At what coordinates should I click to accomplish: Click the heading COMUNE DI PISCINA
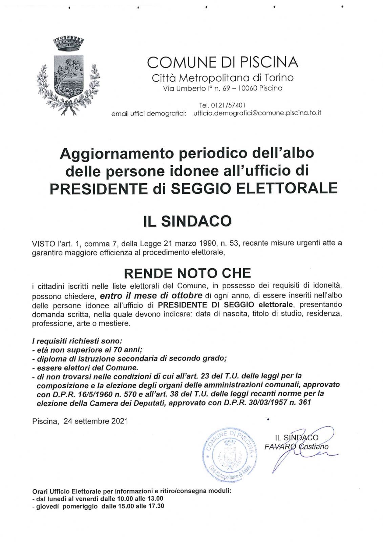click(x=222, y=62)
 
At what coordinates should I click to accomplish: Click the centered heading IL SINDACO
click(x=187, y=221)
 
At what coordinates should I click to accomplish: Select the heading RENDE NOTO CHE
click(x=187, y=273)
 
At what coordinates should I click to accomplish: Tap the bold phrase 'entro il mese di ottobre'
click(x=151, y=295)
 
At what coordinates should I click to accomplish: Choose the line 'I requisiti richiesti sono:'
click(x=77, y=341)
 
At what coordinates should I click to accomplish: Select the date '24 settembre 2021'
click(x=96, y=421)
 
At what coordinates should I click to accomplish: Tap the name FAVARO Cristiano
click(x=296, y=446)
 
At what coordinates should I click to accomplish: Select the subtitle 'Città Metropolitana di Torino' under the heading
click(x=222, y=78)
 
